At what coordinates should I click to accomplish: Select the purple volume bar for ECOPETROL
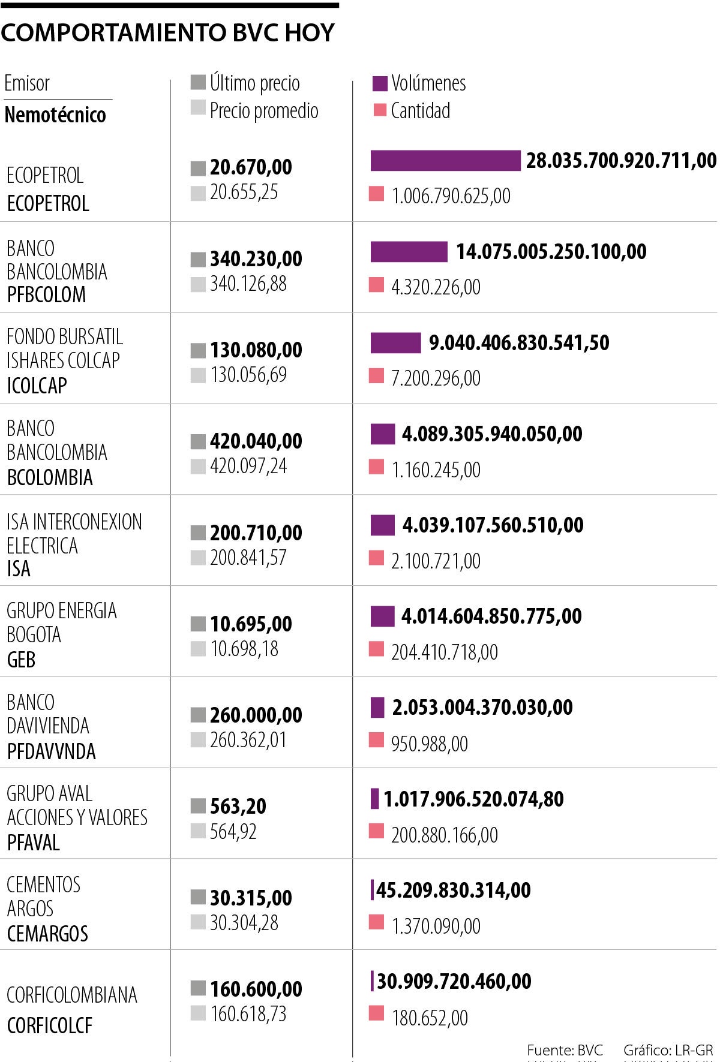(445, 161)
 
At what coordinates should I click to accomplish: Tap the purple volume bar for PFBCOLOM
(409, 252)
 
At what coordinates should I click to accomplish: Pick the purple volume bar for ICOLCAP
(395, 343)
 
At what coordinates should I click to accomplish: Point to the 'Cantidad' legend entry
(412, 110)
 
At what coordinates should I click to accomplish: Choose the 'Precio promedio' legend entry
(254, 110)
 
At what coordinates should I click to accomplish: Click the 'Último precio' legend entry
(245, 83)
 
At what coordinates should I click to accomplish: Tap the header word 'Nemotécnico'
(55, 115)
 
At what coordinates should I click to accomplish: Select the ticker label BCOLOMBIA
(50, 477)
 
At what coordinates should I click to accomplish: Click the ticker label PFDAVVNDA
(51, 751)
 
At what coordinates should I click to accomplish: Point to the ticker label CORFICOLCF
(50, 1025)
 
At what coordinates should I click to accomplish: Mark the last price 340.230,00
(256, 259)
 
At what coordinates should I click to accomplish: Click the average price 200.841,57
(248, 558)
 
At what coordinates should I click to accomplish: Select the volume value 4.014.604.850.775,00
(491, 616)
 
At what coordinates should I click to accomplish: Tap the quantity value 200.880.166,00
(445, 835)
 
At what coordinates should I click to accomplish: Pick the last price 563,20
(238, 807)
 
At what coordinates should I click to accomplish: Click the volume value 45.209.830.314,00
(454, 890)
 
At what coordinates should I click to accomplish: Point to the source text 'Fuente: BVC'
(565, 1050)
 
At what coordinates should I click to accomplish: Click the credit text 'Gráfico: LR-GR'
(668, 1050)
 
